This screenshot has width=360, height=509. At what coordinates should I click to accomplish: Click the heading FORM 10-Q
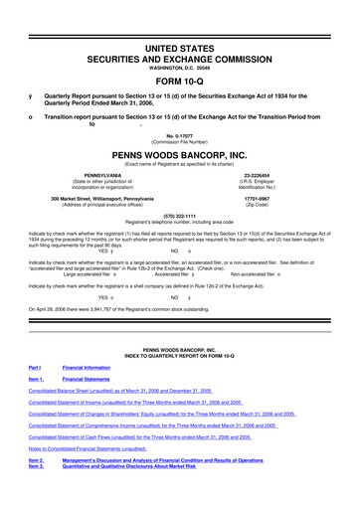[179, 54]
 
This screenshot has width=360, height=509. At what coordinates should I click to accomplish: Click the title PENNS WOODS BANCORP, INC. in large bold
[179, 157]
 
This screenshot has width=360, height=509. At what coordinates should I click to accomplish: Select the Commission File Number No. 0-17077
[179, 136]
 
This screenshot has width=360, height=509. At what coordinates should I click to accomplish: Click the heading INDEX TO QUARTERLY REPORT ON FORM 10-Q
[179, 381]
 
